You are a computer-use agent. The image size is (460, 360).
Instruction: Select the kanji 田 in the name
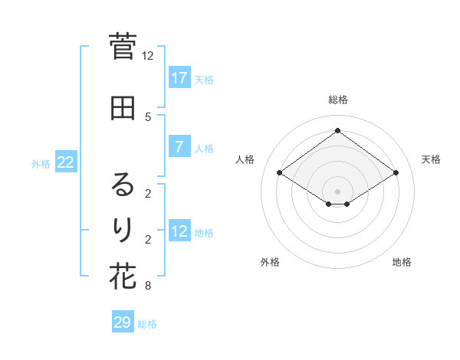[123, 108]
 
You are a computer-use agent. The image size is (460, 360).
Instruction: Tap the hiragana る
[123, 185]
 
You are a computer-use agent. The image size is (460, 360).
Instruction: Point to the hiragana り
[123, 229]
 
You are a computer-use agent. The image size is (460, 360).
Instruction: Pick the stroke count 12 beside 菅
[148, 55]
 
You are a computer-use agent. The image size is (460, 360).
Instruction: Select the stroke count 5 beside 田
[148, 116]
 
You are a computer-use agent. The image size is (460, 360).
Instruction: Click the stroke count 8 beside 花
[148, 286]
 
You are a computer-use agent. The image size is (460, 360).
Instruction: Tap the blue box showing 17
[179, 78]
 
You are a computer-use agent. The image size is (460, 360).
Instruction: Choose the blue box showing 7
[179, 147]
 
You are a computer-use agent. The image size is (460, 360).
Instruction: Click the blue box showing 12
[179, 231]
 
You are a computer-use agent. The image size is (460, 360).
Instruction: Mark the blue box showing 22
[66, 162]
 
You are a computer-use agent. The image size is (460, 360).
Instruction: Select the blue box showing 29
[123, 322]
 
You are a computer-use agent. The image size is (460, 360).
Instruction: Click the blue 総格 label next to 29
[147, 324]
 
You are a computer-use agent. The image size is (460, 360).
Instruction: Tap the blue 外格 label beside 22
[41, 163]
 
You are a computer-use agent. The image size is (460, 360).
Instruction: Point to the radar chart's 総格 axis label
[337, 100]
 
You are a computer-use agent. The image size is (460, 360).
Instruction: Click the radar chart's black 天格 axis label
[431, 159]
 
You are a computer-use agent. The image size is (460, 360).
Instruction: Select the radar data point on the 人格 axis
[280, 173]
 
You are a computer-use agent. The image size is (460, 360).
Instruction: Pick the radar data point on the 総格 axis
[337, 131]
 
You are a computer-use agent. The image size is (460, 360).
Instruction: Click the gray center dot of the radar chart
[337, 191]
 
